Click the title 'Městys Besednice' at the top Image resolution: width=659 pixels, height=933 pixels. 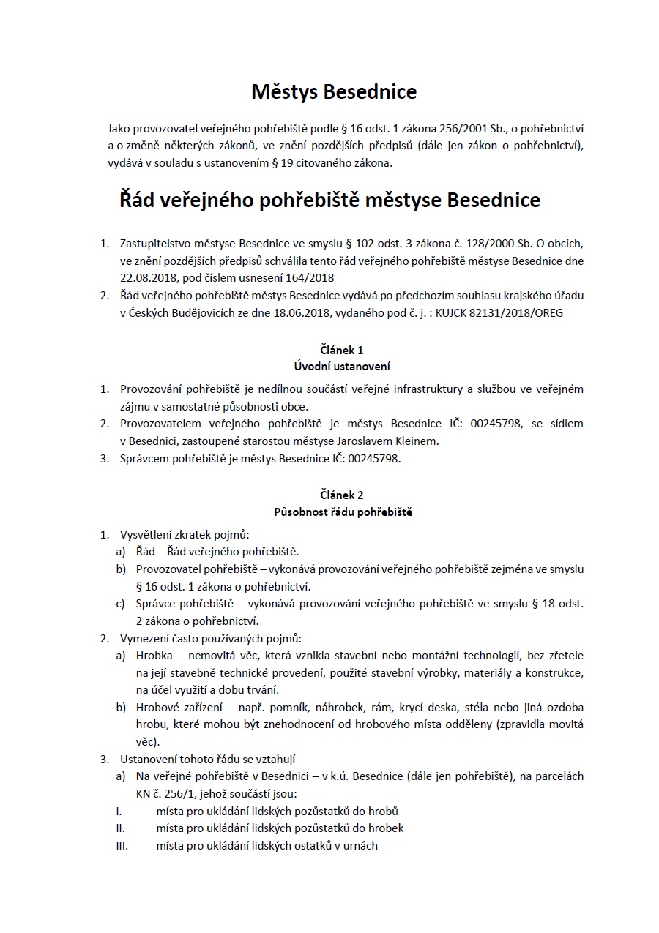(334, 91)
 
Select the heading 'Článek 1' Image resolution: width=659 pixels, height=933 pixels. (342, 351)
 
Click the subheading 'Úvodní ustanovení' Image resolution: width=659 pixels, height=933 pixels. (342, 366)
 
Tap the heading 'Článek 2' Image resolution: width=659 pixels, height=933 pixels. (342, 495)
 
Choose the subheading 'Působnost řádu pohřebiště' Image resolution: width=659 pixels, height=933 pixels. (342, 512)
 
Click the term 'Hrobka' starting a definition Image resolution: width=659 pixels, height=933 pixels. (154, 655)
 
